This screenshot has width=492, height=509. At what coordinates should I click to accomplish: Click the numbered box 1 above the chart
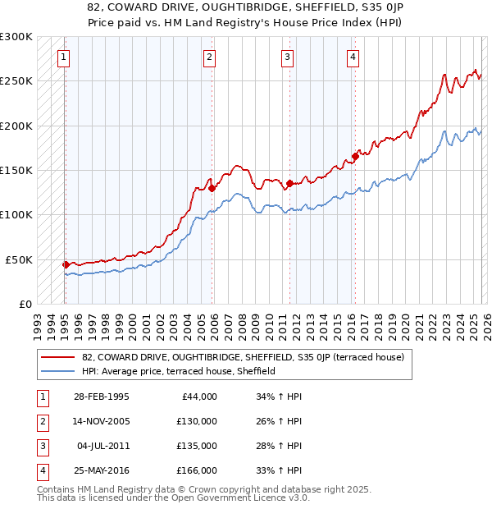click(64, 57)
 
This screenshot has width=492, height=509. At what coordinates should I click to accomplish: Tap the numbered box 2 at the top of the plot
click(210, 57)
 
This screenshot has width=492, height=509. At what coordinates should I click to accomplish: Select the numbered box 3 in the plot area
click(288, 57)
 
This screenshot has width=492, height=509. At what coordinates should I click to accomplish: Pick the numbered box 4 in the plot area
click(353, 57)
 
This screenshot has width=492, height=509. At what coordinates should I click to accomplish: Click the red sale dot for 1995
click(66, 264)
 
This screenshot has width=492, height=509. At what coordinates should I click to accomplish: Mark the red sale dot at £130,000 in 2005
click(212, 188)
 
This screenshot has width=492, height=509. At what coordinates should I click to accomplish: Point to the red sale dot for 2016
click(355, 156)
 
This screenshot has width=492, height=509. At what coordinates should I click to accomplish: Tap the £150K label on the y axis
click(16, 171)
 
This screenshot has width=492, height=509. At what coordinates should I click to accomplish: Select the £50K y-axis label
click(19, 259)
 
